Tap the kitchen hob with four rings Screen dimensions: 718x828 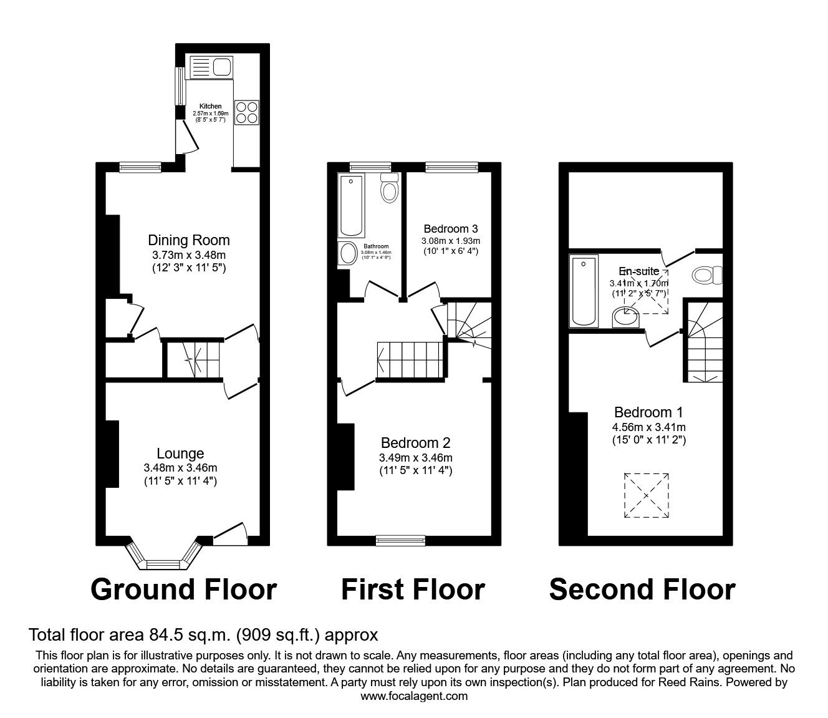[246, 113]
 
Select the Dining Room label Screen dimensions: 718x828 [188, 240]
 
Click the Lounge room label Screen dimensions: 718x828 [180, 454]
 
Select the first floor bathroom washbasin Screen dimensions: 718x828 [347, 253]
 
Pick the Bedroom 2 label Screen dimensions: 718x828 [415, 443]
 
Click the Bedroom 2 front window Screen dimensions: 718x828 [400, 540]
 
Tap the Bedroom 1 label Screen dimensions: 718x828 [648, 412]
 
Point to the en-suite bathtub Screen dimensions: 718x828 [584, 290]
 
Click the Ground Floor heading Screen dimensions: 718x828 [183, 589]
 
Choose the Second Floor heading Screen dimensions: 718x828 [642, 589]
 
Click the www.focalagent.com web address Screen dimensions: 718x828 [414, 696]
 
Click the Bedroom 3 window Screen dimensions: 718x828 [452, 166]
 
